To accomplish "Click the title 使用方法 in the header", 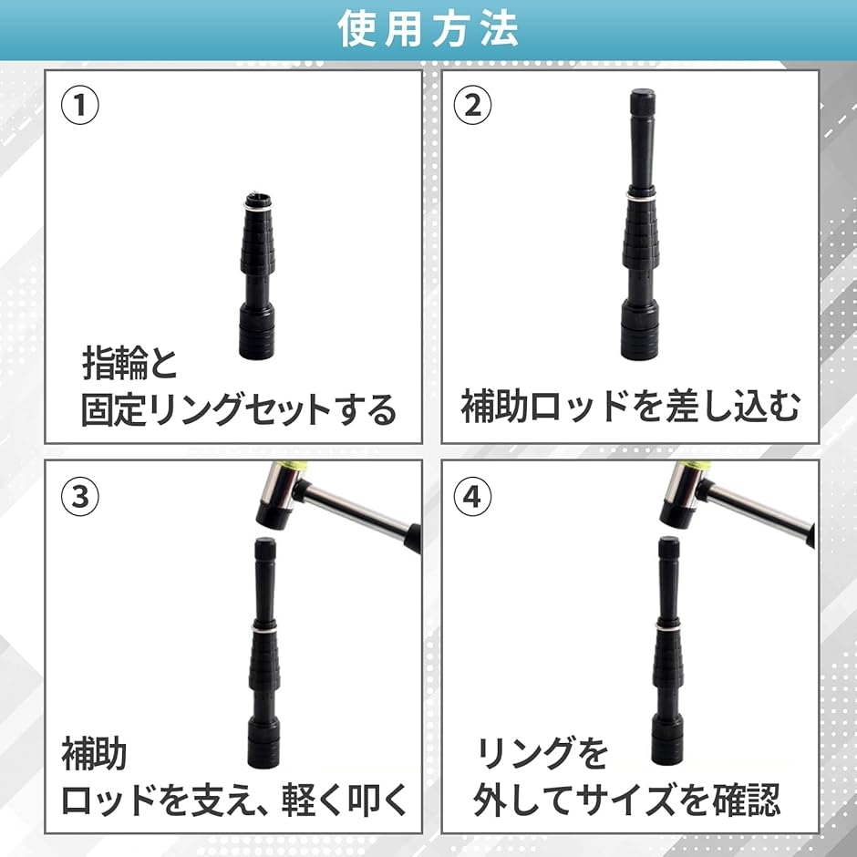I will [428, 29].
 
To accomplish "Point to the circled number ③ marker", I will [80, 497].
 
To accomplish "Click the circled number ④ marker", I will [472, 497].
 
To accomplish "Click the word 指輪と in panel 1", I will [131, 366].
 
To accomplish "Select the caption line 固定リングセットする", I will [239, 409].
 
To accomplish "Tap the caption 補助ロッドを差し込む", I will [631, 408].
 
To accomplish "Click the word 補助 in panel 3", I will [94, 754].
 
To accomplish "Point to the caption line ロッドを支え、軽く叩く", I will [233, 800].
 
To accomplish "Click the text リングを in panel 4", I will [542, 754].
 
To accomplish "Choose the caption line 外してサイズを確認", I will [626, 800].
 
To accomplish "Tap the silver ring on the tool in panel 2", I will [642, 195].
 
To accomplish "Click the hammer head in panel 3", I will [280, 496].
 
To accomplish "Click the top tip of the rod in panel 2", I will [642, 95].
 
